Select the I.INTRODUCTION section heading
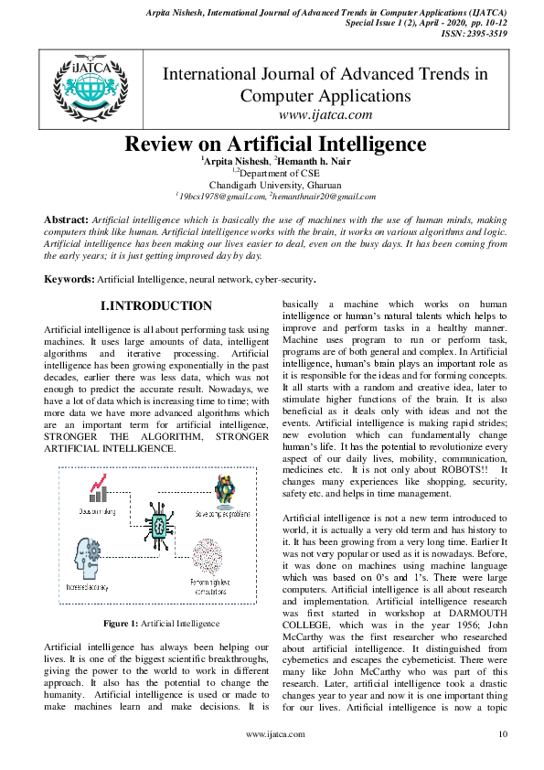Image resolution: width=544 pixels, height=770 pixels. (157, 306)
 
